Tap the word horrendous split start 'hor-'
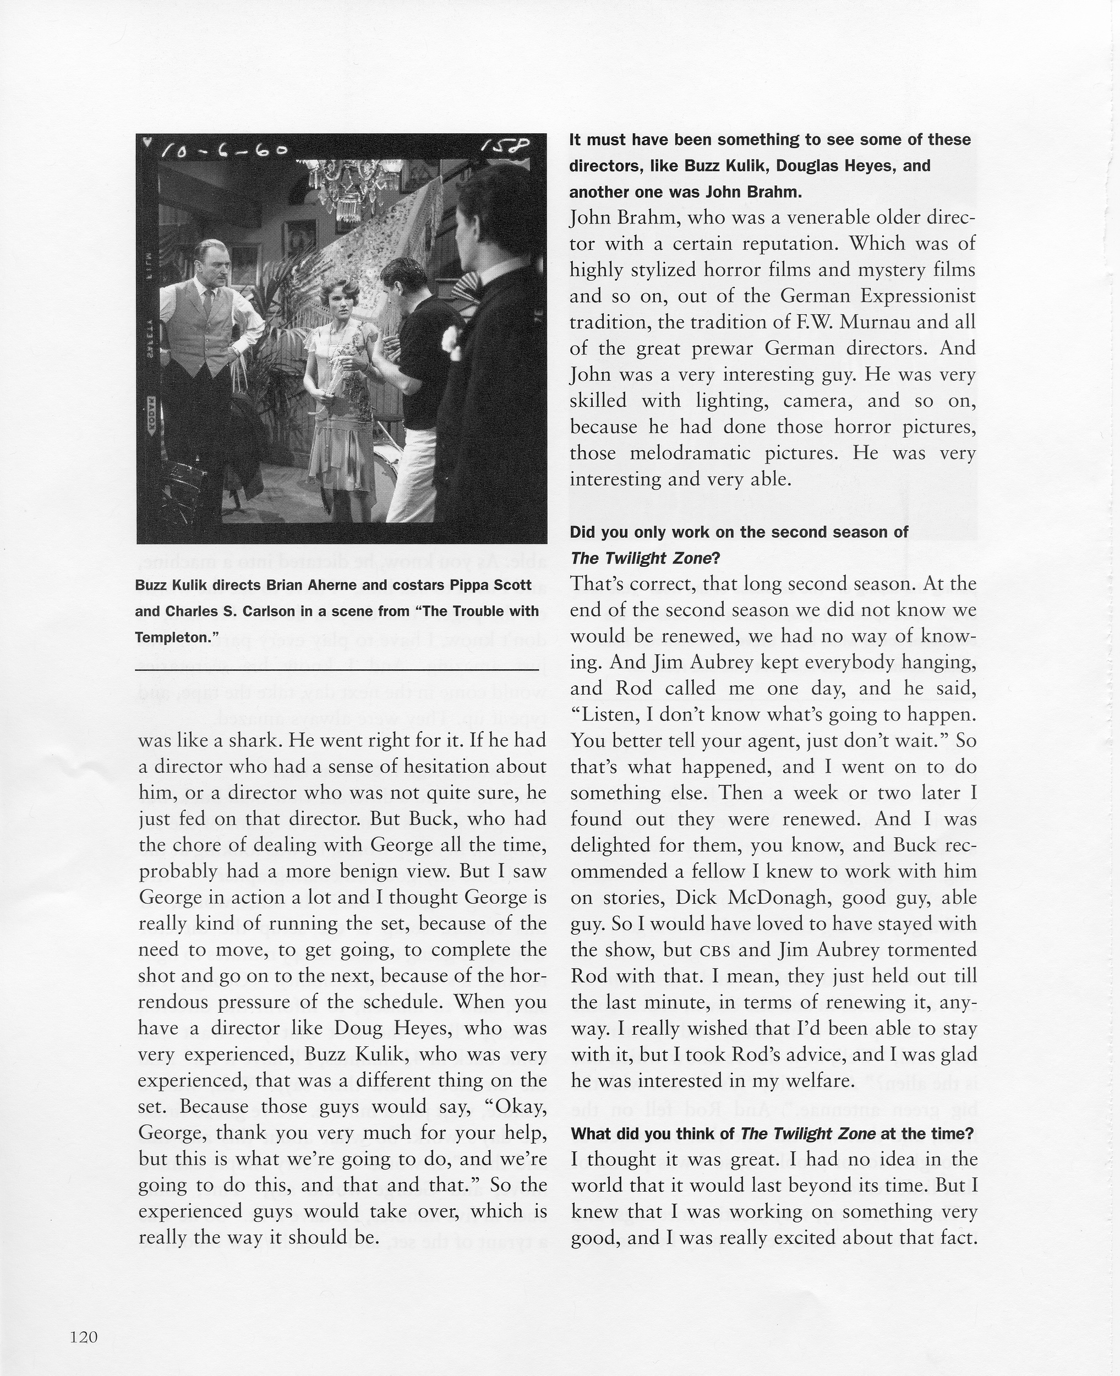[x=529, y=976]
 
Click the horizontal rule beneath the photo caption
[x=337, y=671]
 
